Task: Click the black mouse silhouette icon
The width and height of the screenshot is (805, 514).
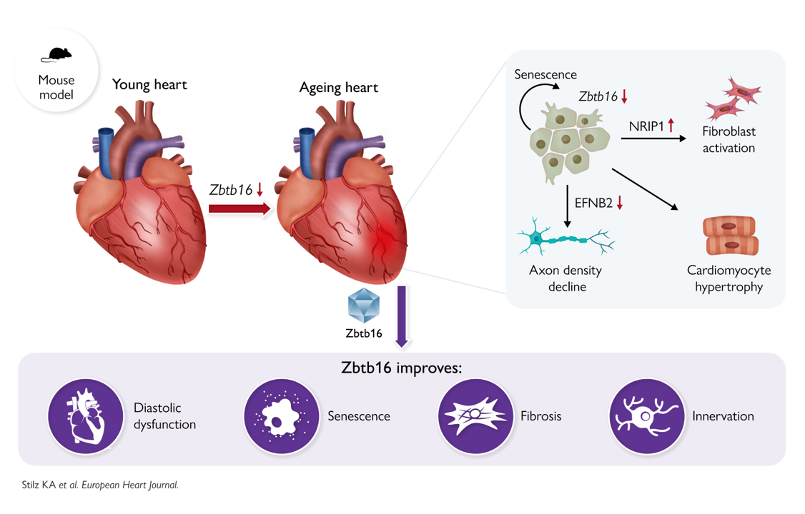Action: click(56, 55)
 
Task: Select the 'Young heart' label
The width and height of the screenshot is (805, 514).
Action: click(149, 85)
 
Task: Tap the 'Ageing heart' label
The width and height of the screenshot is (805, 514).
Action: click(338, 89)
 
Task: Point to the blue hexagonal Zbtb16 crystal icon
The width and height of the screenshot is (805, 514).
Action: click(363, 306)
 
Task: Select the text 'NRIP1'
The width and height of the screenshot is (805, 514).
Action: click(646, 126)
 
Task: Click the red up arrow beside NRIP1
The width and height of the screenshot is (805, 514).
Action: click(671, 126)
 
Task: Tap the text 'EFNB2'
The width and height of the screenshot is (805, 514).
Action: click(593, 203)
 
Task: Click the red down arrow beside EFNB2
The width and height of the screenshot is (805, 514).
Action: click(620, 203)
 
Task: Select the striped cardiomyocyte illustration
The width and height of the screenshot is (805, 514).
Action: click(730, 236)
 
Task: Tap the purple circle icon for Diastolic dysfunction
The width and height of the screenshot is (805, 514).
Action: click(86, 416)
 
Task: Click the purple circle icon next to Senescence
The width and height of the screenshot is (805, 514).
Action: click(281, 416)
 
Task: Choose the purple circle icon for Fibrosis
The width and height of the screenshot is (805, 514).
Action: click(475, 416)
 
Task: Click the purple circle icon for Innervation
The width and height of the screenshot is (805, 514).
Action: click(646, 416)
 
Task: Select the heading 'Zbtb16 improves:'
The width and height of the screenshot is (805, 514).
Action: click(402, 368)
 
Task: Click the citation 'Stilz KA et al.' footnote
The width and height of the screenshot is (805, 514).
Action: click(99, 485)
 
